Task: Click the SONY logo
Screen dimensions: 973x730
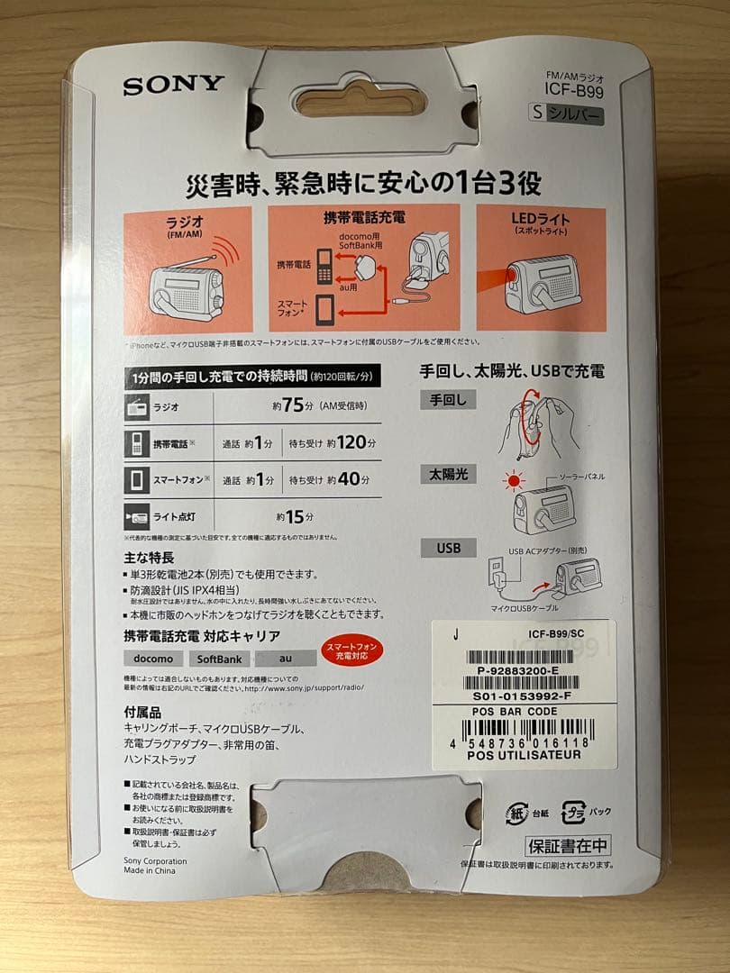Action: pyautogui.click(x=173, y=86)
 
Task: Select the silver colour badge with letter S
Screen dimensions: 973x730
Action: pyautogui.click(x=566, y=115)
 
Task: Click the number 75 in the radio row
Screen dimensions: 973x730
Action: pyautogui.click(x=291, y=405)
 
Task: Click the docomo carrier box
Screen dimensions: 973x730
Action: pyautogui.click(x=152, y=659)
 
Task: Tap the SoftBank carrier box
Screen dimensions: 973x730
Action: pyautogui.click(x=219, y=659)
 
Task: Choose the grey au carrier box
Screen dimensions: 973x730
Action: pyautogui.click(x=285, y=659)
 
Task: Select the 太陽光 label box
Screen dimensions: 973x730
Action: pyautogui.click(x=447, y=474)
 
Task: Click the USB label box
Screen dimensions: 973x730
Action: pyautogui.click(x=447, y=548)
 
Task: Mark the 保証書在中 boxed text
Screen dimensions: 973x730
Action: pyautogui.click(x=568, y=846)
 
